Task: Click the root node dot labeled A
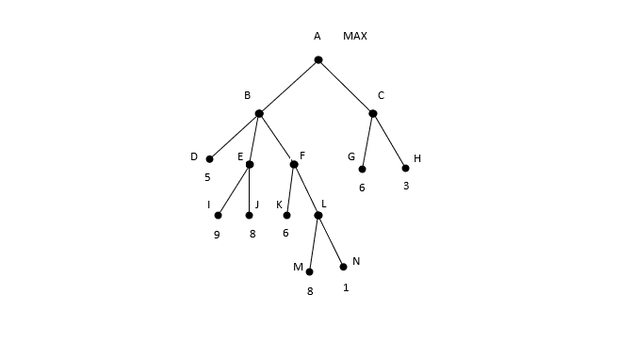[318, 60]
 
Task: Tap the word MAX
[355, 37]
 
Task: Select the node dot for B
[259, 113]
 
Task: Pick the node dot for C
[373, 113]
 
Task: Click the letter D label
[194, 157]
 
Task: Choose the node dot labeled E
[250, 164]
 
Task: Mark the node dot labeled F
[294, 164]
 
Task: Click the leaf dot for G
[362, 170]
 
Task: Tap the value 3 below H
[406, 187]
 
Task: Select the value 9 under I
[217, 235]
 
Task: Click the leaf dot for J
[250, 215]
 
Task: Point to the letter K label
[279, 205]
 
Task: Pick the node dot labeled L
[318, 215]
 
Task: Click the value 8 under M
[309, 291]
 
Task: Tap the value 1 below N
[346, 286]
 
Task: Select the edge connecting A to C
[346, 87]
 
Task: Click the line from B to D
[235, 136]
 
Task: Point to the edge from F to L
[306, 189]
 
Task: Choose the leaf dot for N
[343, 267]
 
